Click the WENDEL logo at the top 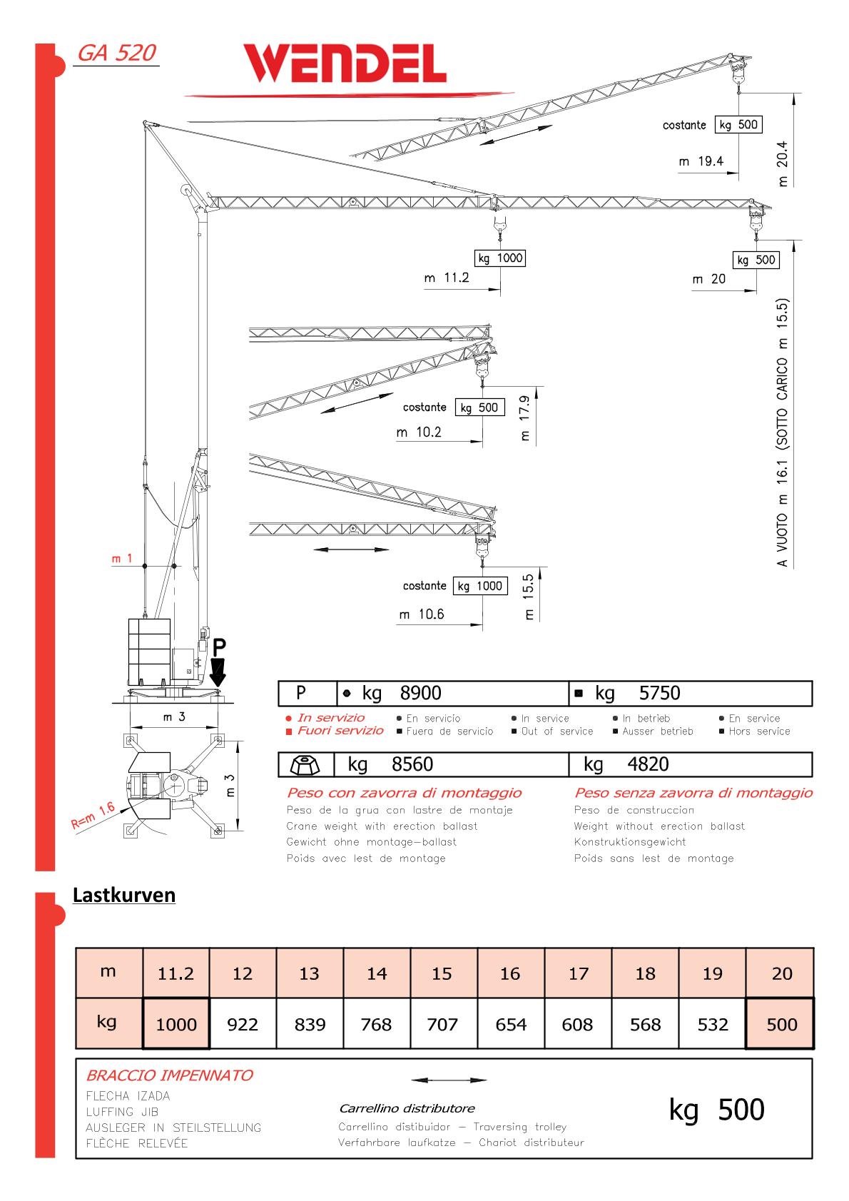coord(345,64)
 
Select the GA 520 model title coord(116,54)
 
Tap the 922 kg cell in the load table coord(243,1025)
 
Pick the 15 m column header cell coord(442,973)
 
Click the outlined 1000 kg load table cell coord(176,1025)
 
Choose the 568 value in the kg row coord(645,1025)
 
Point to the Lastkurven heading coord(124,895)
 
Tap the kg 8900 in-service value coord(402,693)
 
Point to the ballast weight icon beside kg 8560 coord(305,764)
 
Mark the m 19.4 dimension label coord(701,161)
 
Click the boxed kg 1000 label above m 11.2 coord(499,258)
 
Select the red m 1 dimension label coord(121,559)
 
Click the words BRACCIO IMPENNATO coord(169,1075)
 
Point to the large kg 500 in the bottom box coord(716,1110)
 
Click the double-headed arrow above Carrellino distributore coord(449,1080)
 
